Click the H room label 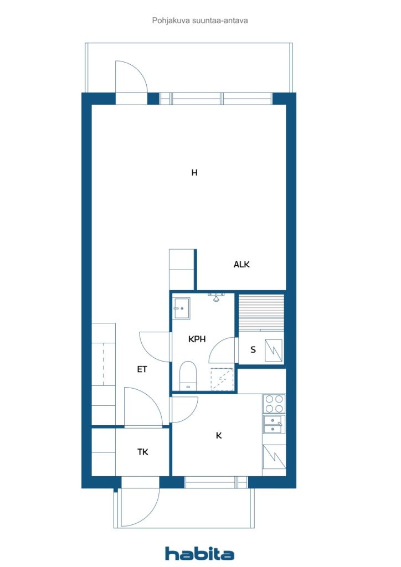tap(194, 173)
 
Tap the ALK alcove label tap(241, 264)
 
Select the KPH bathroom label tap(197, 339)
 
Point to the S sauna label tap(253, 350)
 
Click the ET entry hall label tap(142, 369)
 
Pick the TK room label tap(143, 452)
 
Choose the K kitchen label tap(219, 435)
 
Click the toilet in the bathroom tap(188, 376)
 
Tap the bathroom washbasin tap(181, 308)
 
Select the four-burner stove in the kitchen tap(274, 404)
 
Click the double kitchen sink tap(274, 424)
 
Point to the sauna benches tap(261, 312)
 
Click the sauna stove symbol tap(274, 350)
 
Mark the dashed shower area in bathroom tap(222, 379)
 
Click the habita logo tap(199, 553)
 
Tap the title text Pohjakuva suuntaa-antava tap(200, 20)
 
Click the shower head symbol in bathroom tap(216, 297)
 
